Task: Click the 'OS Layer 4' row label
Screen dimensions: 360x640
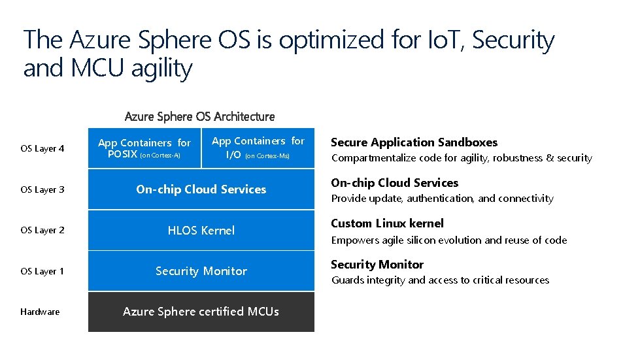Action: click(x=42, y=148)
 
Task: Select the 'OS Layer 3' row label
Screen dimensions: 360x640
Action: click(x=42, y=189)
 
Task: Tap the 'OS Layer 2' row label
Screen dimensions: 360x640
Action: click(x=42, y=230)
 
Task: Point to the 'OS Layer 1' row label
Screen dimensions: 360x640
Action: click(x=42, y=271)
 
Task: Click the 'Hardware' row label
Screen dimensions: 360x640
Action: click(x=40, y=312)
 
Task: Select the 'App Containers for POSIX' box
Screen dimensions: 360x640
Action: click(x=144, y=148)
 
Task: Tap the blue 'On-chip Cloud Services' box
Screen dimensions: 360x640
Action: click(x=201, y=189)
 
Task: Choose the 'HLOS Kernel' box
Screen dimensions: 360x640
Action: click(x=201, y=230)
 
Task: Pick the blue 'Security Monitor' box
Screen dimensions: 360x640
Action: click(x=201, y=271)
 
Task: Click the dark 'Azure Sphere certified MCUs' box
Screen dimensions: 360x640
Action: click(x=201, y=312)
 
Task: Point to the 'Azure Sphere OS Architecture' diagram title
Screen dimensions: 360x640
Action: click(x=199, y=116)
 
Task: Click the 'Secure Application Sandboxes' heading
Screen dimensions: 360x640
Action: click(x=414, y=142)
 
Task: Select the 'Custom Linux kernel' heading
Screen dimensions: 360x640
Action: click(x=387, y=223)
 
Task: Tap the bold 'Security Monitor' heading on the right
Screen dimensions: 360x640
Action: click(x=377, y=264)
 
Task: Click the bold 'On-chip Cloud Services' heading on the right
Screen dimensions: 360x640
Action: click(x=394, y=183)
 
